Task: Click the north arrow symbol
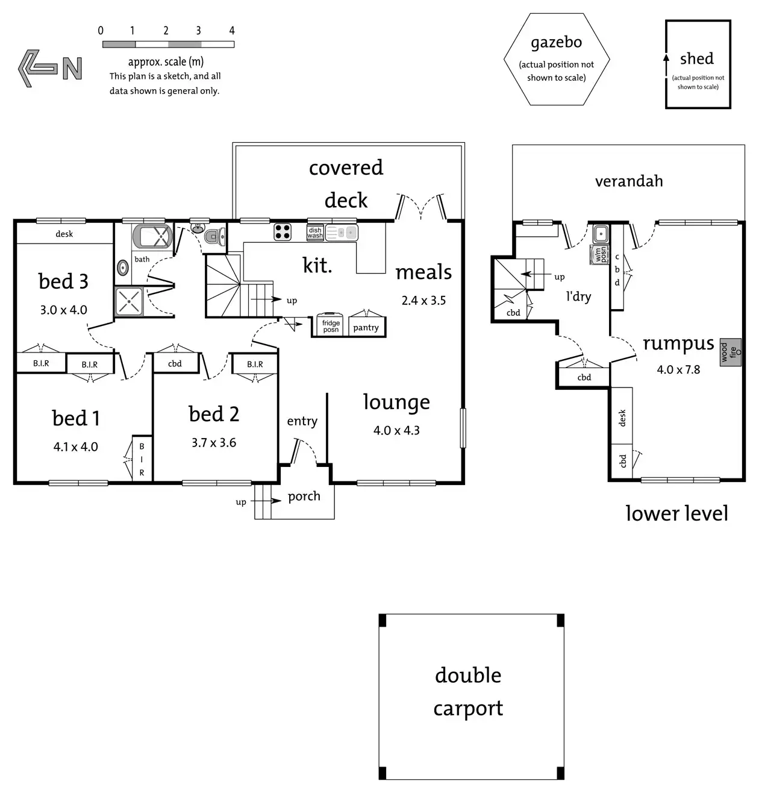49,67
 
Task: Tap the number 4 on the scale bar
232,31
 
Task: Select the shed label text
697,58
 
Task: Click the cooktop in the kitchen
283,231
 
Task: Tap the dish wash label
315,233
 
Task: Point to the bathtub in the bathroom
152,237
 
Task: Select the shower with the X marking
129,301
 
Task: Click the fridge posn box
331,325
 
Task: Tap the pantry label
366,327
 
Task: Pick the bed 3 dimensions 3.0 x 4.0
64,310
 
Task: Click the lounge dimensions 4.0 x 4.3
396,430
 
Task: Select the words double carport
468,692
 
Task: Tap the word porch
304,496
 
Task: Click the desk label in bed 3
64,234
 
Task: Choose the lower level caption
676,513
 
